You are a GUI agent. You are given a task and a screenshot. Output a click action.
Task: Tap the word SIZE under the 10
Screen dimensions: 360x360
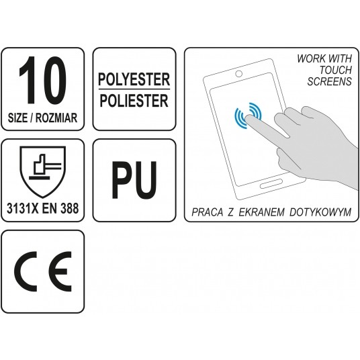23,116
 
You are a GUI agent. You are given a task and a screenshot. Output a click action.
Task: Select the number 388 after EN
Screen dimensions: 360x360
70,208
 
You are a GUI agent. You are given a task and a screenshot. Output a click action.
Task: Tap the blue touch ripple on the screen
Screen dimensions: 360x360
247,116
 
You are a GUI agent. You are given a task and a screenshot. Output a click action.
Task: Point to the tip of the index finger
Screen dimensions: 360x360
250,118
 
